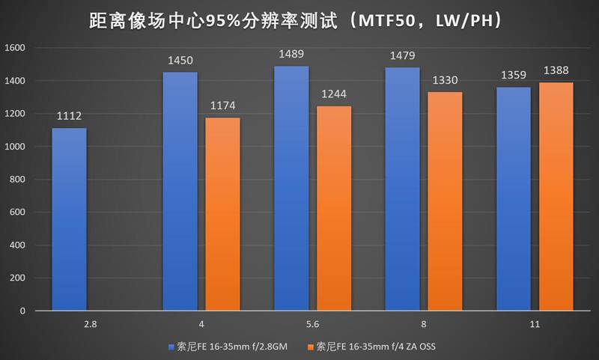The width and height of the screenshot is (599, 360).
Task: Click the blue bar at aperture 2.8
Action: click(69, 219)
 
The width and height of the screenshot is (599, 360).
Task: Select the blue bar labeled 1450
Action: click(180, 191)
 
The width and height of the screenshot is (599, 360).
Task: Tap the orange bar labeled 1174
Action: click(222, 214)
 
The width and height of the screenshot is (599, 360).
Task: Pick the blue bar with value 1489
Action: click(292, 188)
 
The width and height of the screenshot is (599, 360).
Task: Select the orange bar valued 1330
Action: click(445, 201)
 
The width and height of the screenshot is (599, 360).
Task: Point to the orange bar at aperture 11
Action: click(556, 196)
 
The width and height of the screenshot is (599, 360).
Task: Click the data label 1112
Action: click(69, 116)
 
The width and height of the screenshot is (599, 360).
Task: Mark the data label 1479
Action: click(403, 55)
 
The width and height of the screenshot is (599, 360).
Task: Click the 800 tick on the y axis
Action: click(18, 179)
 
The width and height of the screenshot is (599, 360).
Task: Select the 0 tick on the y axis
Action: click(23, 311)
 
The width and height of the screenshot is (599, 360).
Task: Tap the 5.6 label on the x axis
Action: click(313, 325)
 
